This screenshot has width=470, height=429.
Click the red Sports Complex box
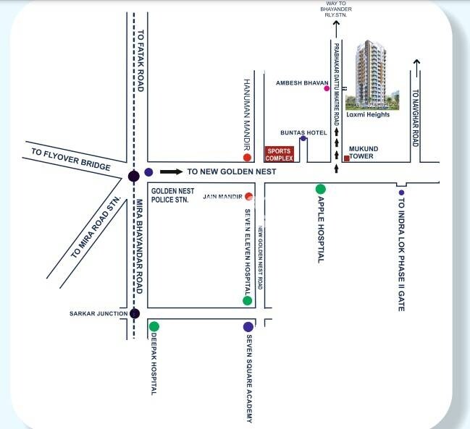278,153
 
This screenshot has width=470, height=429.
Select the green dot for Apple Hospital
320,190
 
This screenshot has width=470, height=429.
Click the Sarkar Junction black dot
134,313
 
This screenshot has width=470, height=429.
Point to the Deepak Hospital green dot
154,326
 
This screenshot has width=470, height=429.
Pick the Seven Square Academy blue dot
248,326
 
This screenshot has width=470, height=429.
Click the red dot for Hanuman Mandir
248,157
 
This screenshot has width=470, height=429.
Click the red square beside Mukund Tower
347,158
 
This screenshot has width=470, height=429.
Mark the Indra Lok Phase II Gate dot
400,192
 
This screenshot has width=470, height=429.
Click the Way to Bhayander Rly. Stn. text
336,12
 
